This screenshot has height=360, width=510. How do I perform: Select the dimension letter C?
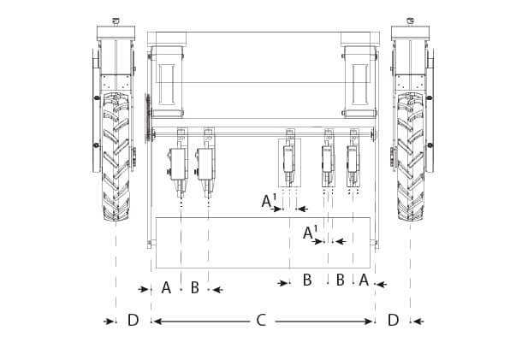pyautogui.click(x=261, y=321)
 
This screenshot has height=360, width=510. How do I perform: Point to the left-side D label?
pyautogui.click(x=133, y=321)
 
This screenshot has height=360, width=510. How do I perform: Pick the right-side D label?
pyautogui.click(x=393, y=321)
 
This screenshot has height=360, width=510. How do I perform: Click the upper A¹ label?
pyautogui.click(x=268, y=202)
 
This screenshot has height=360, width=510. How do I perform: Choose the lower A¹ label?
pyautogui.click(x=310, y=233)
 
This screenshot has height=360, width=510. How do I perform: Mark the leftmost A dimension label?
pyautogui.click(x=166, y=288)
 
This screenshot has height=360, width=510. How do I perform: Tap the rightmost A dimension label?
pyautogui.click(x=364, y=280)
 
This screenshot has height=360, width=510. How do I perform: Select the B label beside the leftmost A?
pyautogui.click(x=194, y=288)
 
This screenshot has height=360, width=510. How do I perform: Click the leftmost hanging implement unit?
pyautogui.click(x=179, y=162)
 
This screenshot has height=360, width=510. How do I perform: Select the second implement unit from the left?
pyautogui.click(x=205, y=162)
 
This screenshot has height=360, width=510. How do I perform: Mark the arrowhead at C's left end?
pyautogui.click(x=156, y=322)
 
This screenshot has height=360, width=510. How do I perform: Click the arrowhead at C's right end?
pyautogui.click(x=370, y=322)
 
